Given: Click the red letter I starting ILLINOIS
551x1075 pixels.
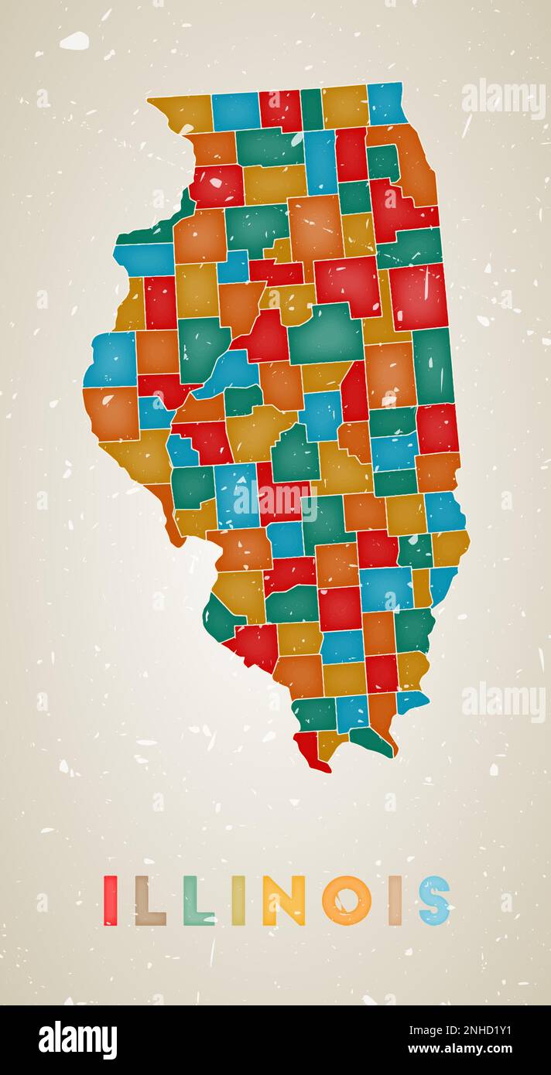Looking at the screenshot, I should tap(111, 900).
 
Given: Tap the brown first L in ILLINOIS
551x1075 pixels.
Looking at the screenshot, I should tap(149, 901).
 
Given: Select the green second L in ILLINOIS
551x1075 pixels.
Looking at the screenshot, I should tap(197, 901).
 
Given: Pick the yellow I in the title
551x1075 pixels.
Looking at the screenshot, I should tap(238, 900).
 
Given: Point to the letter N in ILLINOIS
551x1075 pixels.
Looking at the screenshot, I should tap(282, 900).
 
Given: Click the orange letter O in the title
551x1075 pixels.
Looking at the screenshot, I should tap(346, 900).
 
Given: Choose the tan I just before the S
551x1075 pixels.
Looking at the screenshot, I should tap(395, 900).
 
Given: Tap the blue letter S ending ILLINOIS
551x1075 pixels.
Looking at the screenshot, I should tap(434, 900).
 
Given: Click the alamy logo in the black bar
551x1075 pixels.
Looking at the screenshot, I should tap(77, 1040).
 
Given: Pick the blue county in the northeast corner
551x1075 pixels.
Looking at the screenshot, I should tap(386, 104).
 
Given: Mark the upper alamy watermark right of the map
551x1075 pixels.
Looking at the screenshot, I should tap(503, 98).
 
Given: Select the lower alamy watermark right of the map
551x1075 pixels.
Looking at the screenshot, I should tap(503, 701).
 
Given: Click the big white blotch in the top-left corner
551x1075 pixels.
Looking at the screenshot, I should tap(74, 41).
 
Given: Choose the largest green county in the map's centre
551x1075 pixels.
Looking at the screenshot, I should tap(326, 335).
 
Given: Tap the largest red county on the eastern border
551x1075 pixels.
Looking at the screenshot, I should tap(419, 297).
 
